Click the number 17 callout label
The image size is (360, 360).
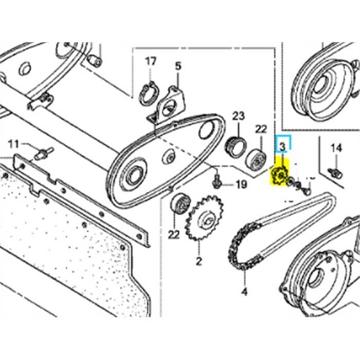pos(150,62)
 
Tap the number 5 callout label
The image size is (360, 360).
pos(178,66)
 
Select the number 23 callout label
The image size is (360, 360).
pos(238,116)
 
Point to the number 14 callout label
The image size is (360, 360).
pos(335,148)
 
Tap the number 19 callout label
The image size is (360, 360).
pos(240,186)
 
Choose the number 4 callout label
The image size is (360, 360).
pos(244,291)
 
